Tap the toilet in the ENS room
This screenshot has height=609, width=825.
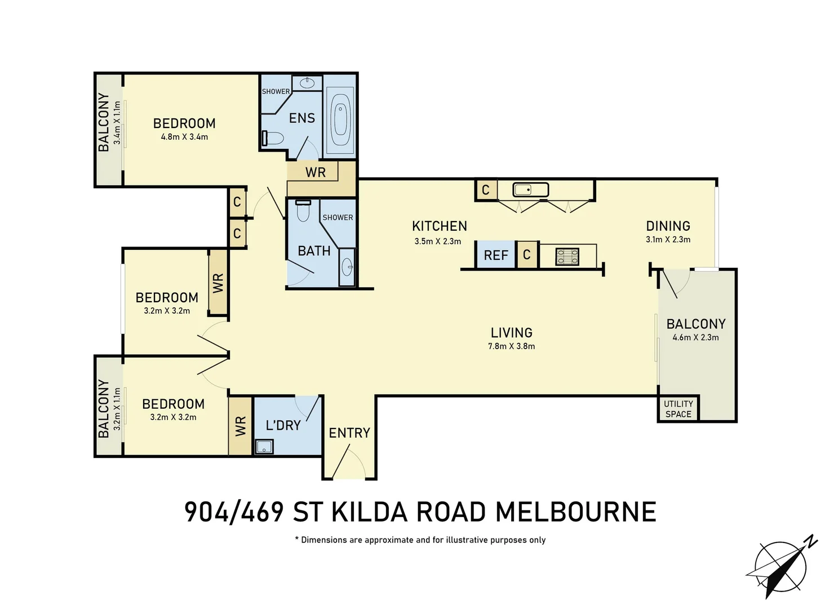point(273,138)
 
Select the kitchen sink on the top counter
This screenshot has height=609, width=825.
point(530,189)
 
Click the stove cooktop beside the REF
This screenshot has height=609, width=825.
point(567,257)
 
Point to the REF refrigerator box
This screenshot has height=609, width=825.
point(496,255)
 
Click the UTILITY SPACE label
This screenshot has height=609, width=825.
point(678,409)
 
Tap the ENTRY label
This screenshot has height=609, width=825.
point(349,433)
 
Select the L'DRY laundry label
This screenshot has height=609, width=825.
point(283,425)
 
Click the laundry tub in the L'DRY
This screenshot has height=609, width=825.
point(264,447)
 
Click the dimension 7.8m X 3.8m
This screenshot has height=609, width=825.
point(511,346)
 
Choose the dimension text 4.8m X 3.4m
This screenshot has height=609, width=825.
point(184,136)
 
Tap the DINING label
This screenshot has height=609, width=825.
point(668,226)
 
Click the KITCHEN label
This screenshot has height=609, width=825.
point(439,226)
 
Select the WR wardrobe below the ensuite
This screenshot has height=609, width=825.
point(316,173)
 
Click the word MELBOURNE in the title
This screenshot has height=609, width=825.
point(575,512)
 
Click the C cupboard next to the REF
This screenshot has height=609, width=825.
point(526,255)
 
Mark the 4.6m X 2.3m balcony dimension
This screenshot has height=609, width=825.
point(695,337)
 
